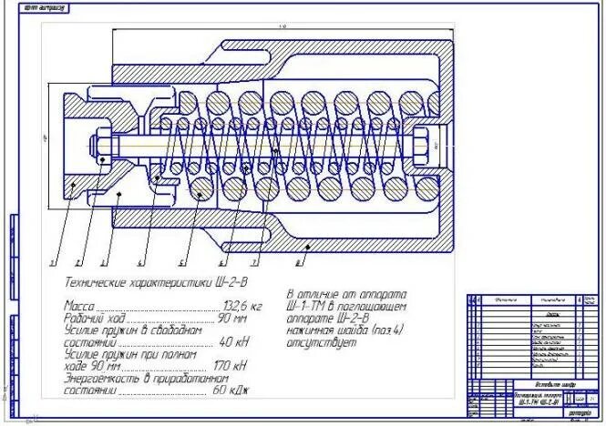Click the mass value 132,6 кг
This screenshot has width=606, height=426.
tap(242, 307)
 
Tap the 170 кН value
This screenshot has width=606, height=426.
tap(232, 365)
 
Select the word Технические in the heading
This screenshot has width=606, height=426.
tap(95, 280)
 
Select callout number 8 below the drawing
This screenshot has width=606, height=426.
tap(300, 261)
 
